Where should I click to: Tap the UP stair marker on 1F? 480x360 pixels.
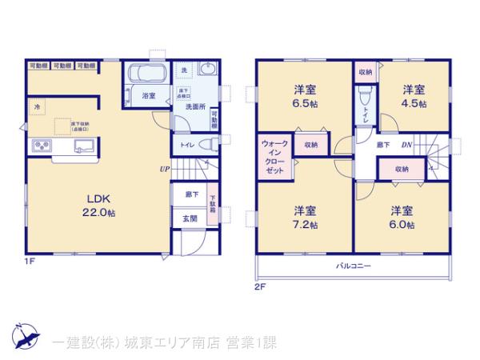pyautogui.click(x=164, y=169)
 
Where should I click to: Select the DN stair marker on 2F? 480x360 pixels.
pyautogui.click(x=406, y=144)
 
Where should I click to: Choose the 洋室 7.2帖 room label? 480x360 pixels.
pyautogui.click(x=304, y=217)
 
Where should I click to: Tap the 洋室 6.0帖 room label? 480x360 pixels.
pyautogui.click(x=402, y=217)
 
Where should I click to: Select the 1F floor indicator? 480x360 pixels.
pyautogui.click(x=29, y=260)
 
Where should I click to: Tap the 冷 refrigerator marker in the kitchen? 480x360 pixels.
pyautogui.click(x=37, y=106)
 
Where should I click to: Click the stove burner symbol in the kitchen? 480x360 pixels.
pyautogui.click(x=42, y=146)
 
